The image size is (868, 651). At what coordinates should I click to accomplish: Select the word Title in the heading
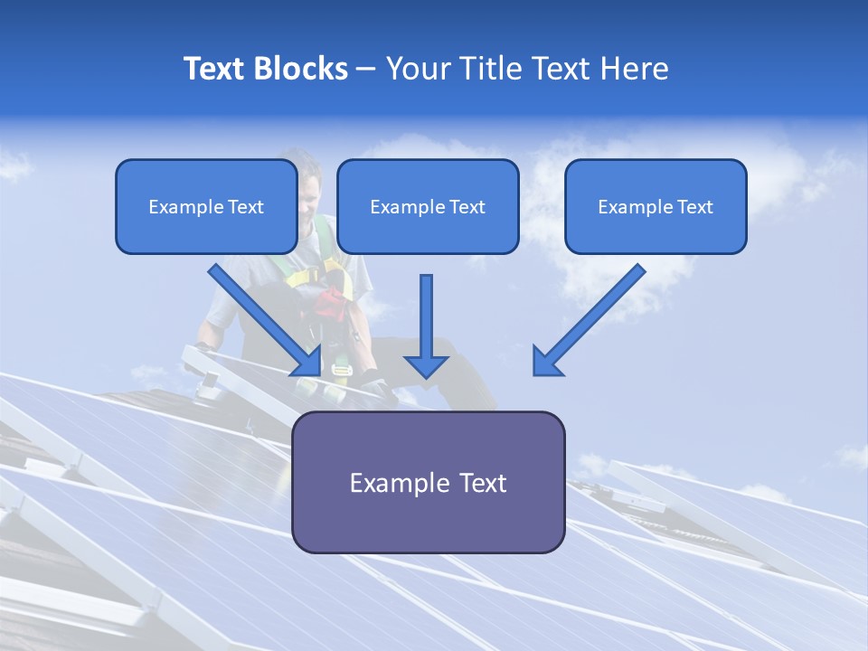click(492, 69)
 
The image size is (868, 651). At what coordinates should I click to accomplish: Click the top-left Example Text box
click(206, 207)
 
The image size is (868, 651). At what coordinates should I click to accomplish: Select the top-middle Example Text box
click(428, 207)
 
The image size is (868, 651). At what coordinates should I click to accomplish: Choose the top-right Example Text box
click(656, 207)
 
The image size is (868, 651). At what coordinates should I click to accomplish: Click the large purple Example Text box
click(428, 482)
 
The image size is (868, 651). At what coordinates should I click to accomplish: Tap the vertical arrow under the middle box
click(426, 316)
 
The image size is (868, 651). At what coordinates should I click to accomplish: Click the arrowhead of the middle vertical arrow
click(426, 365)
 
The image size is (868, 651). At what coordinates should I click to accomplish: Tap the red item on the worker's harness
click(331, 303)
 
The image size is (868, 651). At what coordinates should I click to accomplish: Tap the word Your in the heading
click(420, 69)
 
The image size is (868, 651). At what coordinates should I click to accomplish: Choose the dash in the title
click(366, 70)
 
